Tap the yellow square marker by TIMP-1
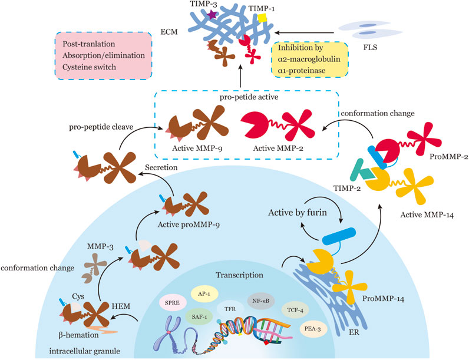point(262,19)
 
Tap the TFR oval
point(237,307)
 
